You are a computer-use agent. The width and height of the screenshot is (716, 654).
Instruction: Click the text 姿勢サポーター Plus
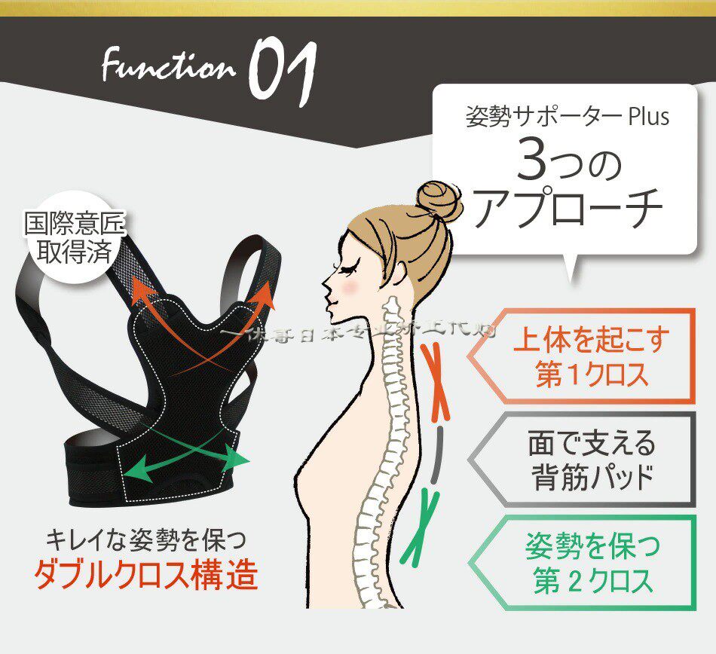pos(567,118)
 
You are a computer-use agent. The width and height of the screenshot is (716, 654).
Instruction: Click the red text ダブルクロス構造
pos(145,575)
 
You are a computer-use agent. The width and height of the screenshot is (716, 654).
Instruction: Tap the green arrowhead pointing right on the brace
pos(240,458)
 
